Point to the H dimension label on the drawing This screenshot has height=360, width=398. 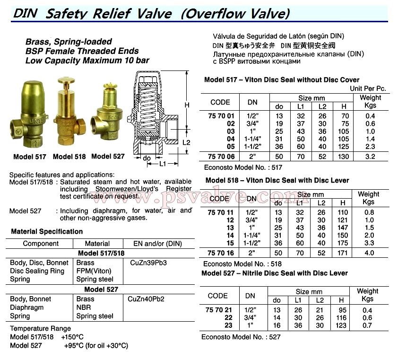[187, 105]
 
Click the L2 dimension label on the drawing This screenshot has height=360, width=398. [187, 142]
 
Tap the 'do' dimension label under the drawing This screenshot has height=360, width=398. [147, 158]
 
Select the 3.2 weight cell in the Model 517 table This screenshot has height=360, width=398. [370, 155]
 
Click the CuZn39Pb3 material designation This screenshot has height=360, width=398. [148, 263]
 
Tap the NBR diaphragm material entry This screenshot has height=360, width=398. [83, 307]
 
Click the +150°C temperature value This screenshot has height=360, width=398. [72, 337]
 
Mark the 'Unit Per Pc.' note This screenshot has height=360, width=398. [368, 88]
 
